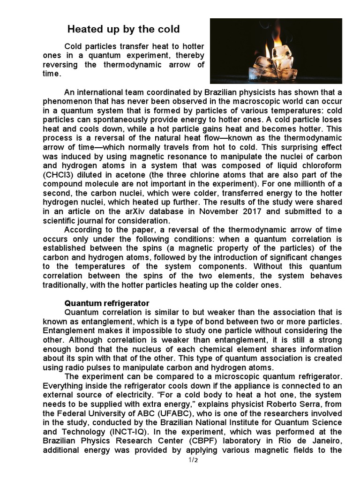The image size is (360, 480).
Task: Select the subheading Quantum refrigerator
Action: (x=107, y=303)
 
